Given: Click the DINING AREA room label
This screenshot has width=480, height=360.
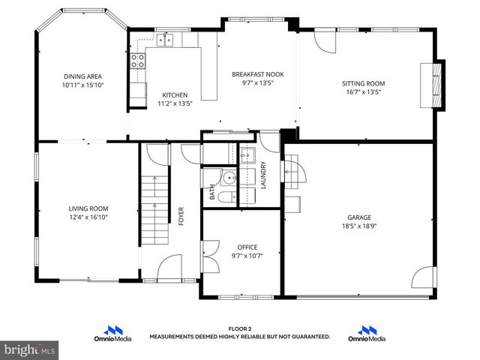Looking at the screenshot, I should point(82,76).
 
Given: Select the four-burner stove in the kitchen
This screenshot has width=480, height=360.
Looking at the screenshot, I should point(138,61).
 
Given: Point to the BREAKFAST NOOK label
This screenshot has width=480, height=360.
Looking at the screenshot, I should point(257,74).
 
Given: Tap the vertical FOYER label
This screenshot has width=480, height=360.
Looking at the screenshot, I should point(181,216).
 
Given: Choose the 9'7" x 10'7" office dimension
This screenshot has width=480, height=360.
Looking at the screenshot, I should point(247,256).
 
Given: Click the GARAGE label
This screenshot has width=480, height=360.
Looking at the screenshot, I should point(358,217).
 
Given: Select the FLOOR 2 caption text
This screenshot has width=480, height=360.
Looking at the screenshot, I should point(239,328).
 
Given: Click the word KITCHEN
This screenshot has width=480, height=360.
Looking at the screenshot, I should point(175,94).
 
